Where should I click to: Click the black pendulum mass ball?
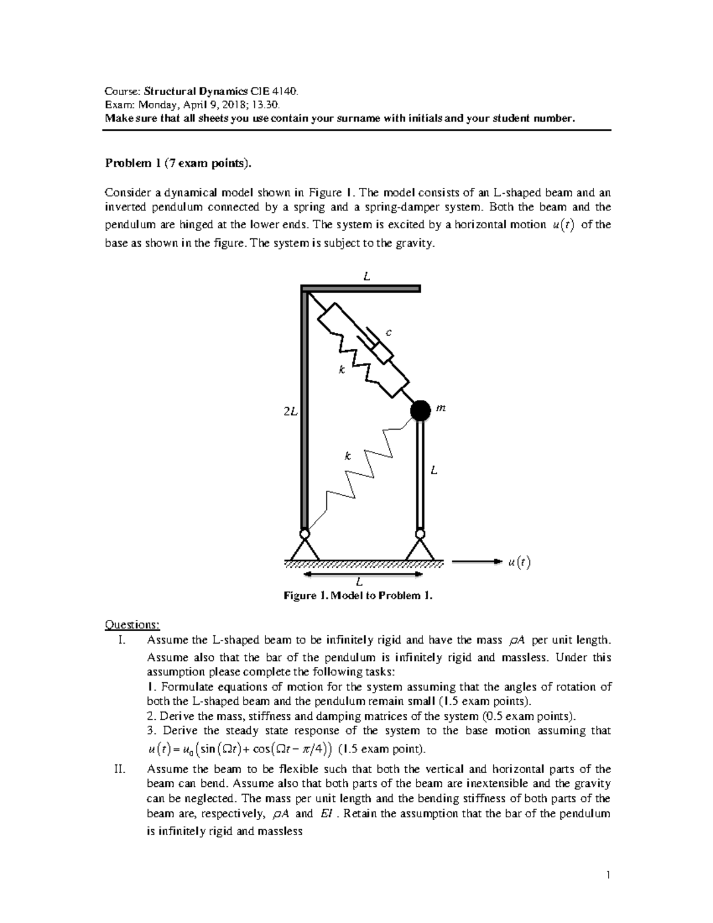421,409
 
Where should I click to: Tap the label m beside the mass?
440,408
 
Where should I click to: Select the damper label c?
389,333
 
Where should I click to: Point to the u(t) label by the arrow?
519,562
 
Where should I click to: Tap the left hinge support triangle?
304,548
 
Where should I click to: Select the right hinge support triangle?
421,548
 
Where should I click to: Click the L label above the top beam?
367,276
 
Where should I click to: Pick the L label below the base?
359,582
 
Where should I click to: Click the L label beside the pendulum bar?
434,471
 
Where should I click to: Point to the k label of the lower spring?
348,456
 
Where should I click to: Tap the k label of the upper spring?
341,370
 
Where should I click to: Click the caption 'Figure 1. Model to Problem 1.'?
358,595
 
